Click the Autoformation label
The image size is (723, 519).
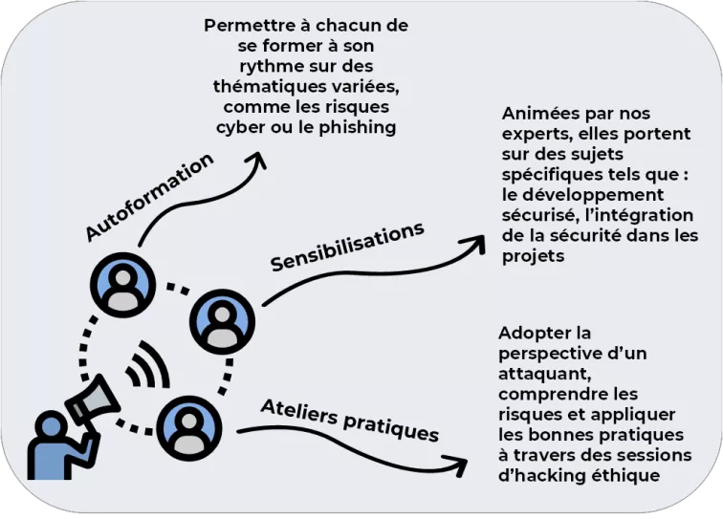149,197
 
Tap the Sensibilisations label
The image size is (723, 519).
347,247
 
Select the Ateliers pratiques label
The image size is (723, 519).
350,420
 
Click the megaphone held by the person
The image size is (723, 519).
92,400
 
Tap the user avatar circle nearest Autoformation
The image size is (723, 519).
122,285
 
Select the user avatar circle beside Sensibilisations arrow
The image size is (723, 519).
222,321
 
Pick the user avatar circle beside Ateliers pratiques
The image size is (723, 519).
189,428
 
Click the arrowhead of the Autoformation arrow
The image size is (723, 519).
258,160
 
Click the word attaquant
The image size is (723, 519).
544,374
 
